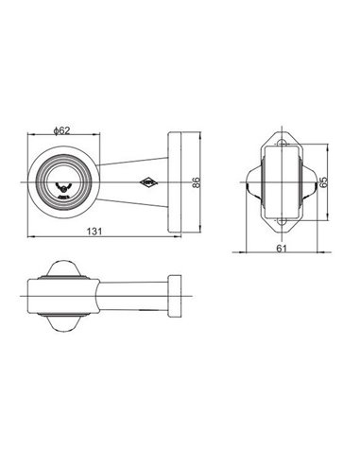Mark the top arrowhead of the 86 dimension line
coord(206,131)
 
